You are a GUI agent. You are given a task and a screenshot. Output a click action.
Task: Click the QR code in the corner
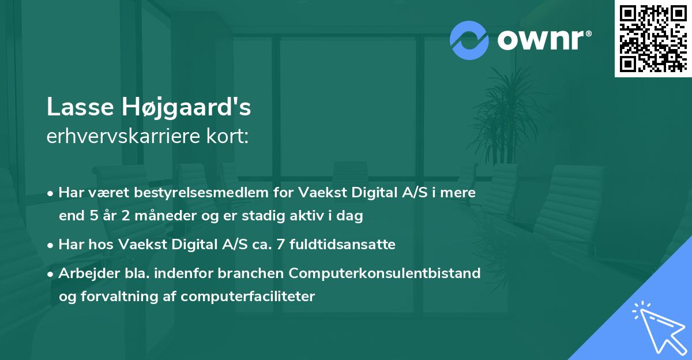(x=653, y=38)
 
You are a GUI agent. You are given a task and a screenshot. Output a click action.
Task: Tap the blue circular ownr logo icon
(x=469, y=40)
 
